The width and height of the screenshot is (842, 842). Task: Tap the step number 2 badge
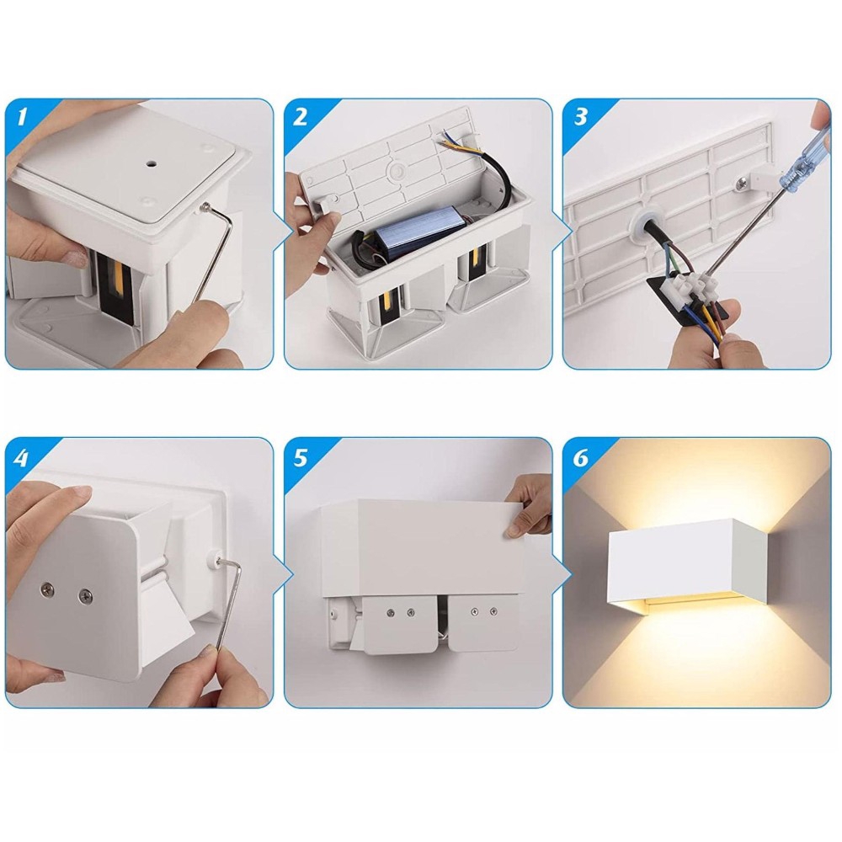pos(301,116)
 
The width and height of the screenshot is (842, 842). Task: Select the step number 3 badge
pos(580,116)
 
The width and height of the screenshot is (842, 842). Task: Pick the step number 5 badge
pos(301,457)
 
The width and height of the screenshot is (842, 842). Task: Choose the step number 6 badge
pos(580,457)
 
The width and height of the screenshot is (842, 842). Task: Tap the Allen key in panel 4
pos(228,601)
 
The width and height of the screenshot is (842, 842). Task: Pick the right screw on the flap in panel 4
pos(85,595)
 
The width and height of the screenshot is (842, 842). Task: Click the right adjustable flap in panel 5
pos(483,623)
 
